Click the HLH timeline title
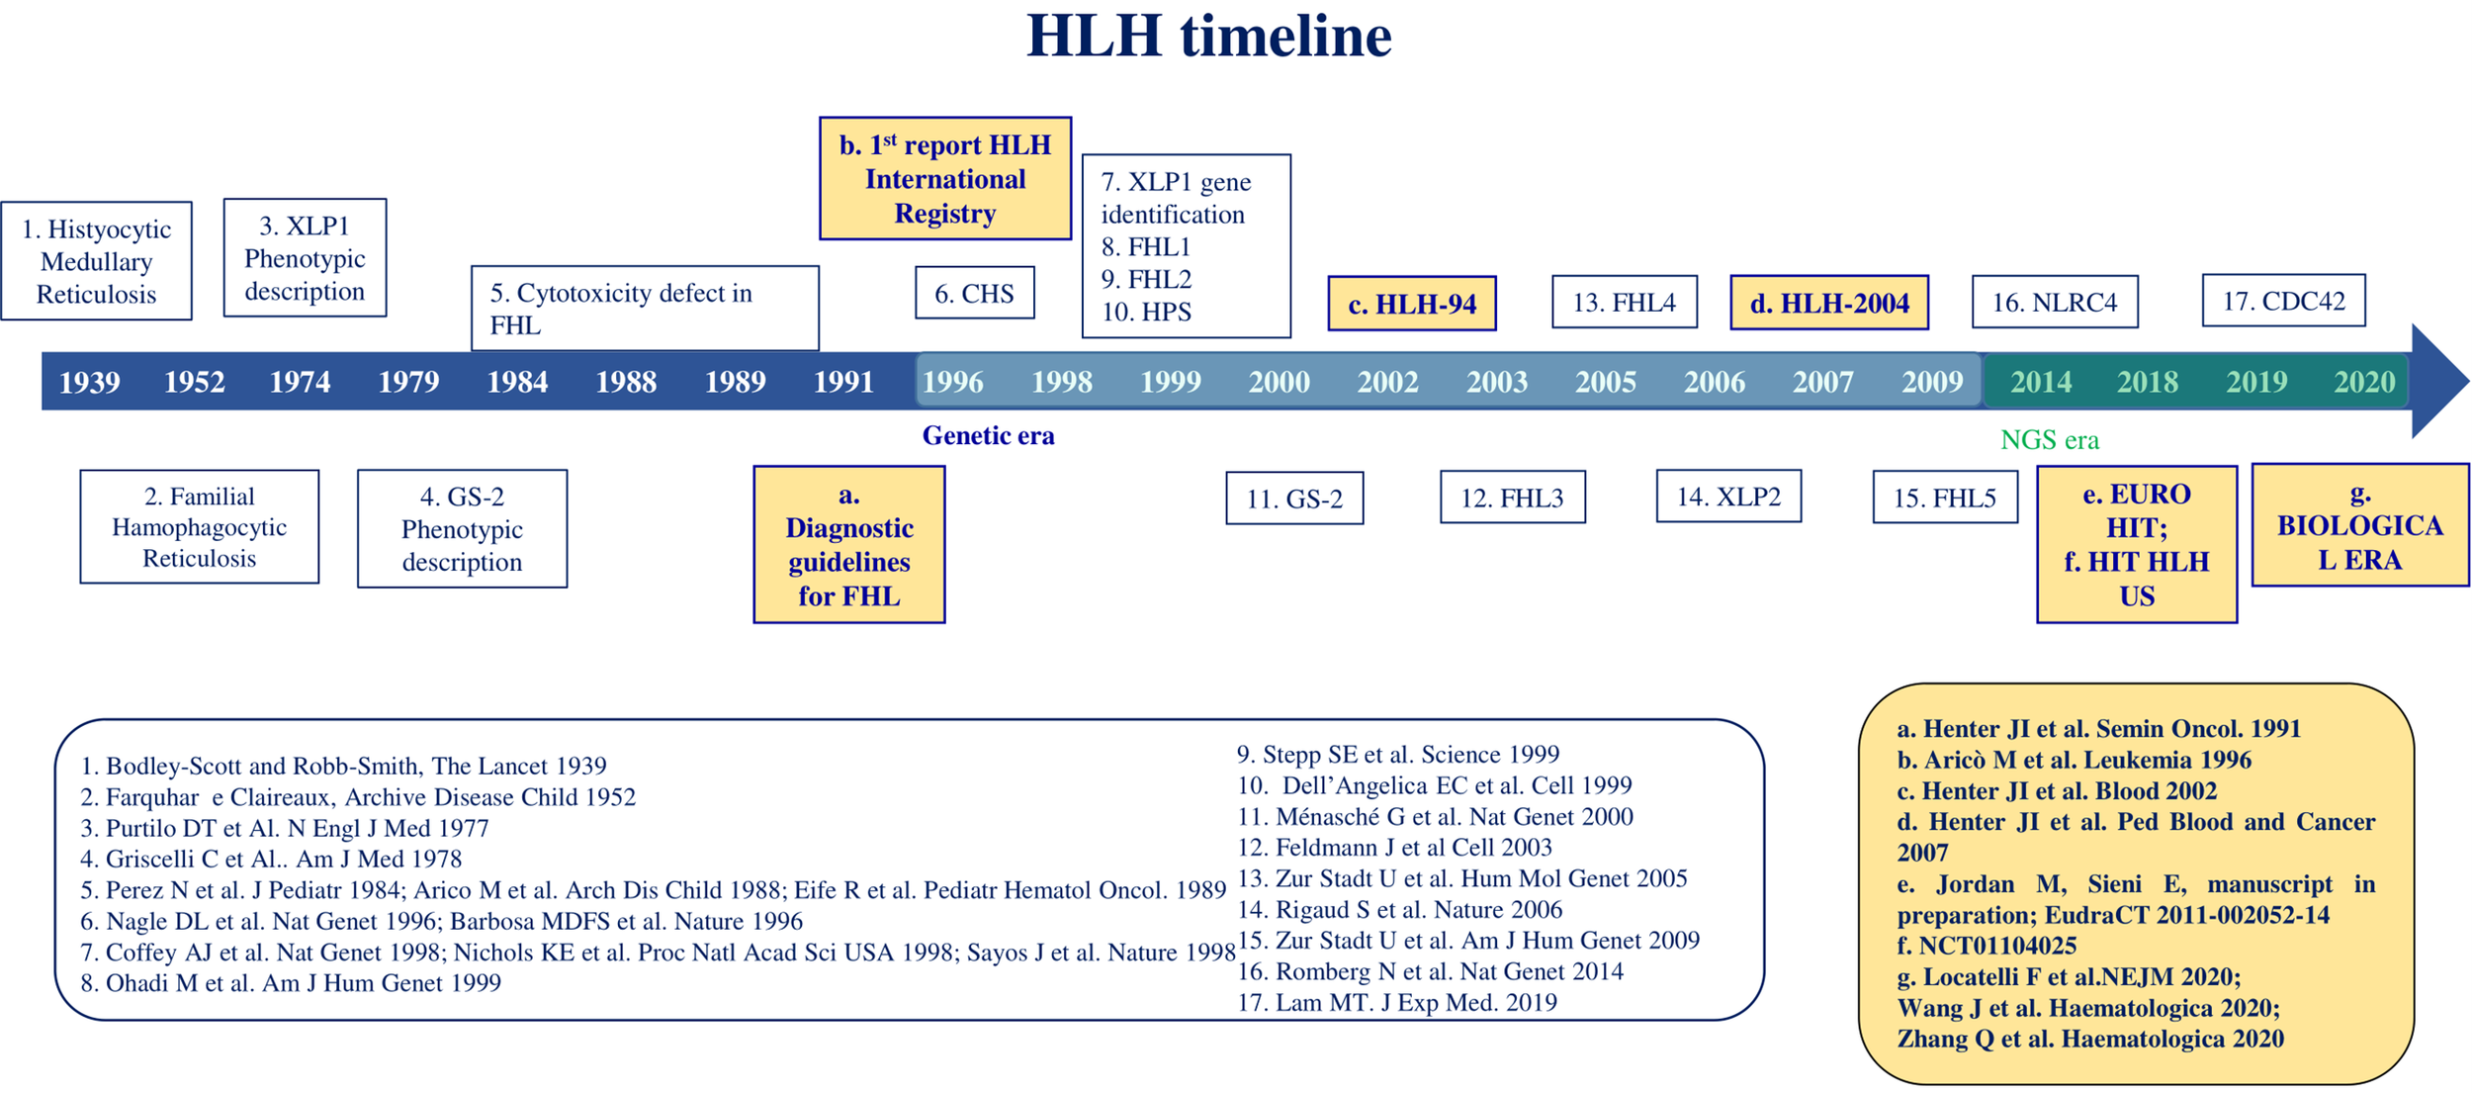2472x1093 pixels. [1208, 37]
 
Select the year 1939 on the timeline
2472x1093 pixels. [89, 382]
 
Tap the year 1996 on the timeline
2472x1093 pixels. [952, 382]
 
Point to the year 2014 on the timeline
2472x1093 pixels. [2040, 382]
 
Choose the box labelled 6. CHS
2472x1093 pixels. [974, 293]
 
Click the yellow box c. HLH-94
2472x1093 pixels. [1411, 304]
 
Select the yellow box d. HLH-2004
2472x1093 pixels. [1828, 303]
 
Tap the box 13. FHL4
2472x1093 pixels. [1624, 302]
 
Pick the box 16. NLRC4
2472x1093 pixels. [2054, 302]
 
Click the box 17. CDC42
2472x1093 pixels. [2283, 301]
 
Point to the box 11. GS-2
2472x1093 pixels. [1294, 498]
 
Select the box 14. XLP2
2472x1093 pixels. [1728, 496]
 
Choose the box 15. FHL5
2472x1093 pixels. [1944, 497]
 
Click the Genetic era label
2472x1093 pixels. [988, 435]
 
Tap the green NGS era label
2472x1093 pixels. [2049, 439]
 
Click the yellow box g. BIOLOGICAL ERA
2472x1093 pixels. [2359, 525]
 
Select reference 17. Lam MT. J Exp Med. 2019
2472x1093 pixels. [1397, 1002]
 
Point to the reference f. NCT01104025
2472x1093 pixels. [1986, 946]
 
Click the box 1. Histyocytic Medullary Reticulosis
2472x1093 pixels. [96, 261]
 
